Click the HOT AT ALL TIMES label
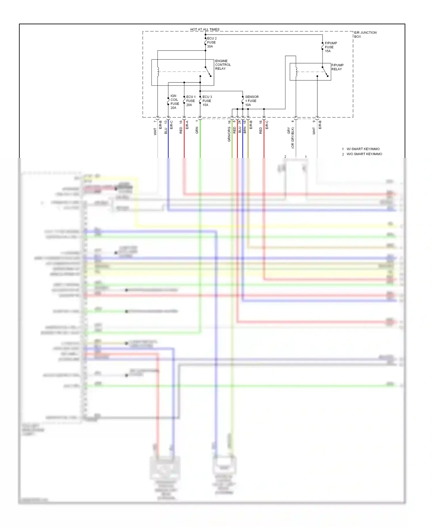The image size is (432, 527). (x=205, y=29)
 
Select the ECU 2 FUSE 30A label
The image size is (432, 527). (x=211, y=42)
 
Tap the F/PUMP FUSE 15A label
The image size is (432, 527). (x=331, y=47)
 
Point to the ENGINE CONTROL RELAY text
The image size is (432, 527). (x=223, y=65)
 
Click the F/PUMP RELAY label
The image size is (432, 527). (x=337, y=67)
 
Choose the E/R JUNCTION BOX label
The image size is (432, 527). (x=365, y=35)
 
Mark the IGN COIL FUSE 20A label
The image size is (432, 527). (x=175, y=102)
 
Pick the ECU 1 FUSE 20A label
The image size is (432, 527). (x=191, y=101)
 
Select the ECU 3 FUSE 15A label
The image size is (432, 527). (x=207, y=101)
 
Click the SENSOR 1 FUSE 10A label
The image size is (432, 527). (x=251, y=101)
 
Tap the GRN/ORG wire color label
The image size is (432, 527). (x=229, y=134)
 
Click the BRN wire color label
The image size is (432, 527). (x=245, y=130)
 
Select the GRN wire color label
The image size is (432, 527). (x=197, y=130)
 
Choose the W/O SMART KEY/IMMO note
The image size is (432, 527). (x=364, y=154)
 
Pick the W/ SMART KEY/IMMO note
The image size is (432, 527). (x=363, y=149)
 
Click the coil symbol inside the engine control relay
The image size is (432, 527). (x=158, y=72)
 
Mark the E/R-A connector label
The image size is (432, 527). (x=187, y=125)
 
